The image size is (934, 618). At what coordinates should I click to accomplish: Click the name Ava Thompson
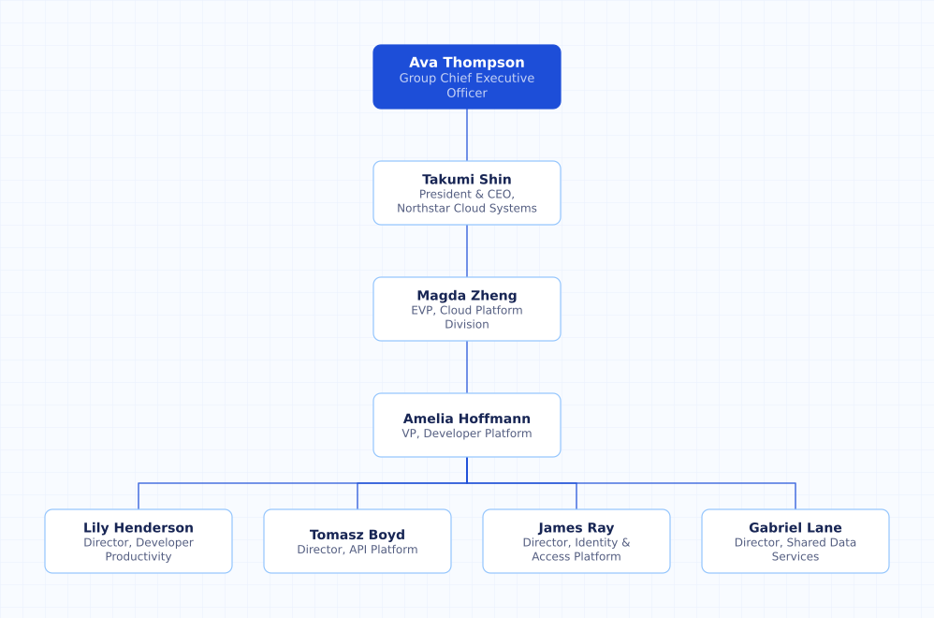pyautogui.click(x=466, y=63)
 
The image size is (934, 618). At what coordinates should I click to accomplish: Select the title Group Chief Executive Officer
pyautogui.click(x=466, y=85)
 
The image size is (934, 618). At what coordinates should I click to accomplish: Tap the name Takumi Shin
pyautogui.click(x=466, y=180)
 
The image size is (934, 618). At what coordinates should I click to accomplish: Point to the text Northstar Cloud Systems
pyautogui.click(x=466, y=208)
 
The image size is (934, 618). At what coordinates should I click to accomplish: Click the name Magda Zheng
pyautogui.click(x=466, y=296)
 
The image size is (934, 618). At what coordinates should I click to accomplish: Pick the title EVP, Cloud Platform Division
pyautogui.click(x=466, y=317)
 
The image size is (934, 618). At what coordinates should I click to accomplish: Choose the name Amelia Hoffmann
pyautogui.click(x=466, y=419)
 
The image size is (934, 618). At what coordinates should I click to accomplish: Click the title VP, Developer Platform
pyautogui.click(x=466, y=434)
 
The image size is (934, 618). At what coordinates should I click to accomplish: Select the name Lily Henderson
pyautogui.click(x=139, y=527)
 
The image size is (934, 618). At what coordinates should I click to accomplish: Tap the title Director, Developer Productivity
pyautogui.click(x=139, y=550)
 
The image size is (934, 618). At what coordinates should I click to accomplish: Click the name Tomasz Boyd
pyautogui.click(x=358, y=535)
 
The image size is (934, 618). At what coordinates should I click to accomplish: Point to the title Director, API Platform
pyautogui.click(x=358, y=550)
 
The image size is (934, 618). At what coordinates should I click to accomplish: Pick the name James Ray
pyautogui.click(x=576, y=527)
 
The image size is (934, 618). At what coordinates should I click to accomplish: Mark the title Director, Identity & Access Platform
pyautogui.click(x=576, y=550)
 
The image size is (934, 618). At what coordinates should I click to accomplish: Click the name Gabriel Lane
pyautogui.click(x=795, y=527)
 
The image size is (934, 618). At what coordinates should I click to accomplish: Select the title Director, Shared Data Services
pyautogui.click(x=795, y=550)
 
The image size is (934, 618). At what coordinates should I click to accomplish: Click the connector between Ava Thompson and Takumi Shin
pyautogui.click(x=467, y=135)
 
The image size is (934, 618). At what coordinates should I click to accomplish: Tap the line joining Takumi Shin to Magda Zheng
pyautogui.click(x=467, y=251)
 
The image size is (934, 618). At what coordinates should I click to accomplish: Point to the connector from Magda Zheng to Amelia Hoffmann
pyautogui.click(x=467, y=367)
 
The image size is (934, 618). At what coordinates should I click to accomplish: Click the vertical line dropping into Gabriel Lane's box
pyautogui.click(x=795, y=496)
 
